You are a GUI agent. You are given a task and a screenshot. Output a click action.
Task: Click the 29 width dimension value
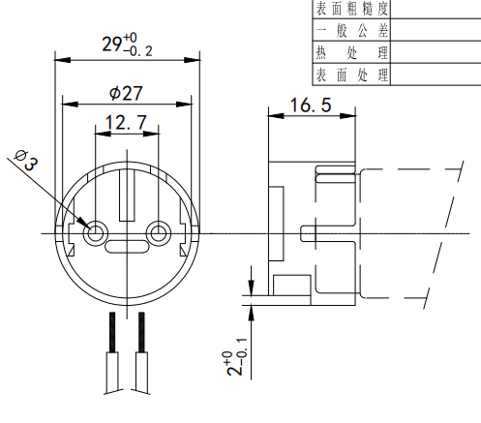point(115,44)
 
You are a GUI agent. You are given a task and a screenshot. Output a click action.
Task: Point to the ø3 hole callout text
point(26,159)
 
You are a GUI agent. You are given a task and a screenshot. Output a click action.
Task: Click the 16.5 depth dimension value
point(309,106)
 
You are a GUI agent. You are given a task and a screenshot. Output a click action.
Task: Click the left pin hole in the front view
point(96,233)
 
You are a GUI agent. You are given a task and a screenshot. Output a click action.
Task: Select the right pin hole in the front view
point(160,233)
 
